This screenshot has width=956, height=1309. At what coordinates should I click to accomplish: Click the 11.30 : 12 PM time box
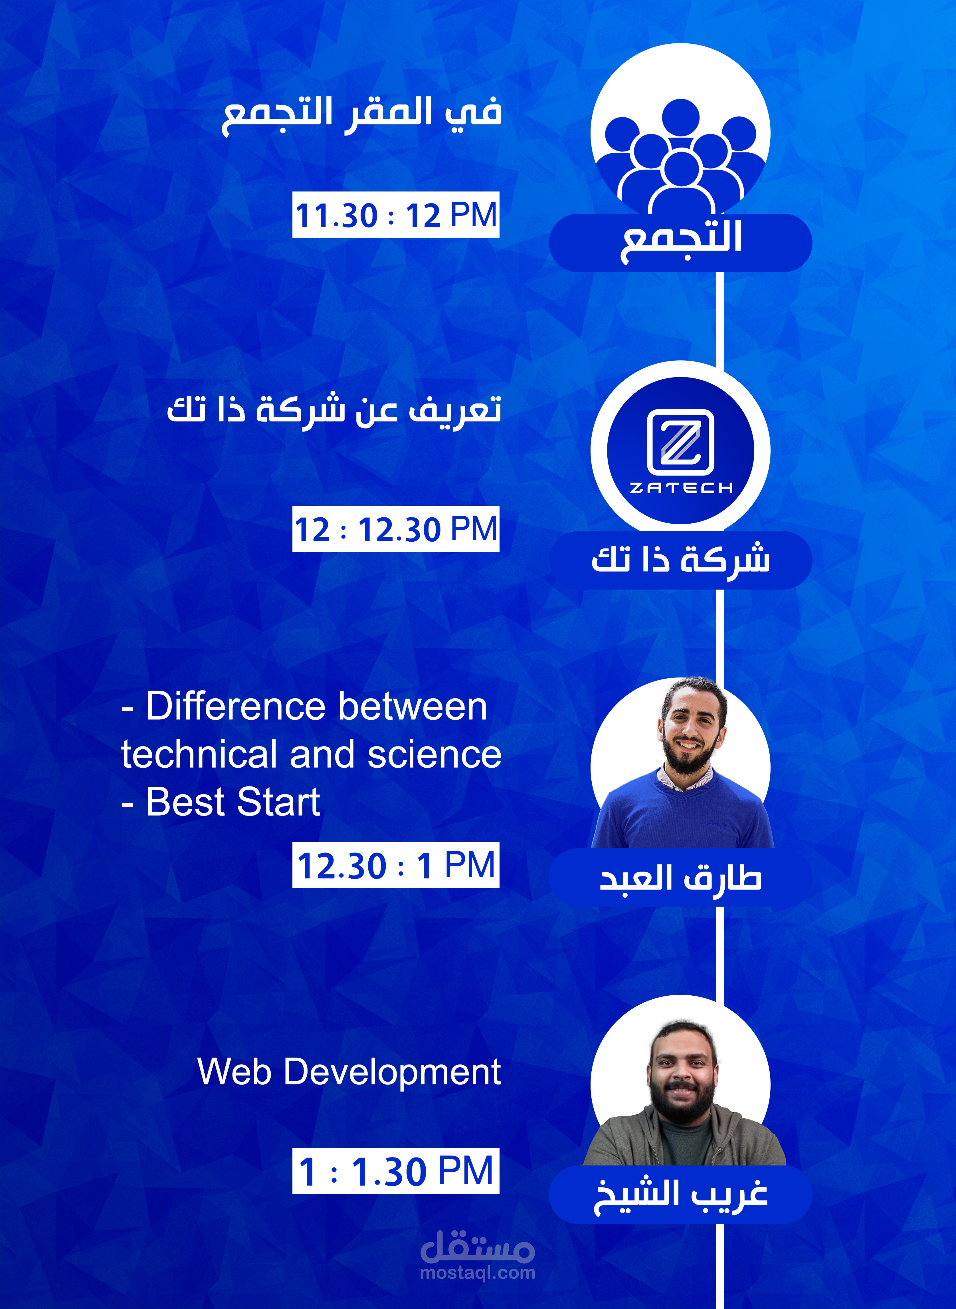click(x=396, y=215)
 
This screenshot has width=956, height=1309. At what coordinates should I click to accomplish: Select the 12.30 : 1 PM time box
click(x=396, y=865)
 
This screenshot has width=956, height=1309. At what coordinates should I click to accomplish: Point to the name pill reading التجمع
click(x=680, y=243)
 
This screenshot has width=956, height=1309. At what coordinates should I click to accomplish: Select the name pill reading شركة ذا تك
click(x=680, y=560)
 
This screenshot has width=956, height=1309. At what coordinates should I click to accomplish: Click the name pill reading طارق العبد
click(x=680, y=878)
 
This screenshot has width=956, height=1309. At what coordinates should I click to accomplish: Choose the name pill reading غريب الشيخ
click(x=680, y=1195)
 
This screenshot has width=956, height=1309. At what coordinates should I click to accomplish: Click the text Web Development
click(x=349, y=1072)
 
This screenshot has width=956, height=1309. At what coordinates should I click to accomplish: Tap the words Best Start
click(x=233, y=802)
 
